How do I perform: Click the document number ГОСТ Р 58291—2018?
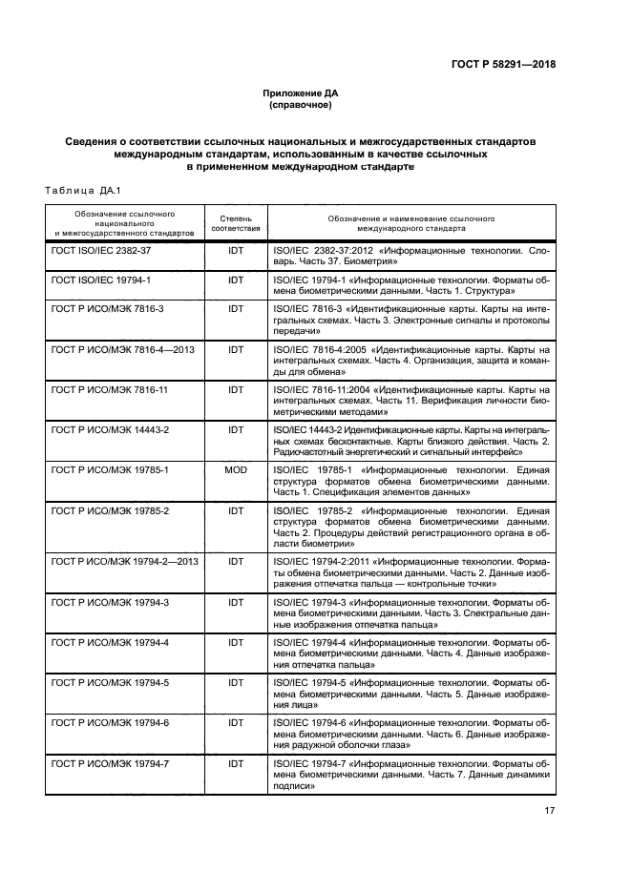coord(502,65)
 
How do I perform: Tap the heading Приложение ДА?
coord(300,93)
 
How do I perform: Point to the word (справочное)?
coord(300,104)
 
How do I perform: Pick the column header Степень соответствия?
coord(235,224)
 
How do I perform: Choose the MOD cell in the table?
coord(235,470)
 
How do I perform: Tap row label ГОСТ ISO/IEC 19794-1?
coord(101,280)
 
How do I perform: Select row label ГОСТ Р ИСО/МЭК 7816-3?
coord(108,309)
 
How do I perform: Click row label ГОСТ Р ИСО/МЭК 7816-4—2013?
coord(122,349)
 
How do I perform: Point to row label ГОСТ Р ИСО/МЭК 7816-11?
coord(110,390)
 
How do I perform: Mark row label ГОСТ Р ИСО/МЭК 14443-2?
coord(110,430)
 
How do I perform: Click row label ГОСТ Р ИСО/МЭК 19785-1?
coord(110,470)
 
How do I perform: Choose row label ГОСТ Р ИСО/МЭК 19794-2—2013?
coord(124,561)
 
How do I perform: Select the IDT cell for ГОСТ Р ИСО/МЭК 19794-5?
coord(235,683)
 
